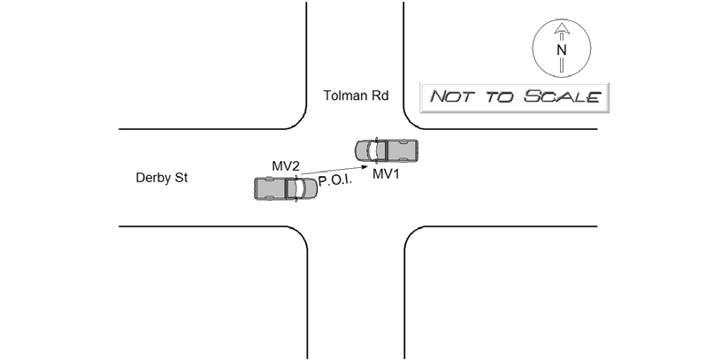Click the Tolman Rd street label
[356, 95]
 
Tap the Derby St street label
[162, 178]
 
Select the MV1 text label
[387, 174]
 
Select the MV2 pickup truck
[286, 188]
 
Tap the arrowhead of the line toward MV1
[365, 165]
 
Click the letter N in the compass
[560, 50]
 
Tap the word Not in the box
[449, 96]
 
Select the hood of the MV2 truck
[307, 188]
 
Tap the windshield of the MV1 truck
[374, 151]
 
